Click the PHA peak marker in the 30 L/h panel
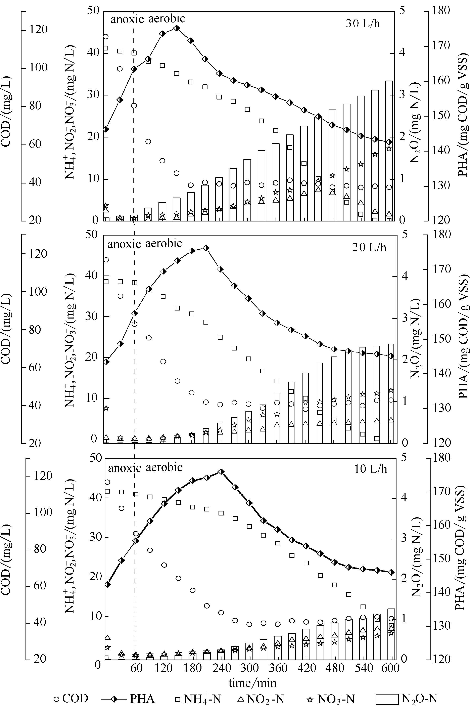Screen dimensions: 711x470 pos(177,28)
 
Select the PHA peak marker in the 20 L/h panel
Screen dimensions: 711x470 pos(206,248)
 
